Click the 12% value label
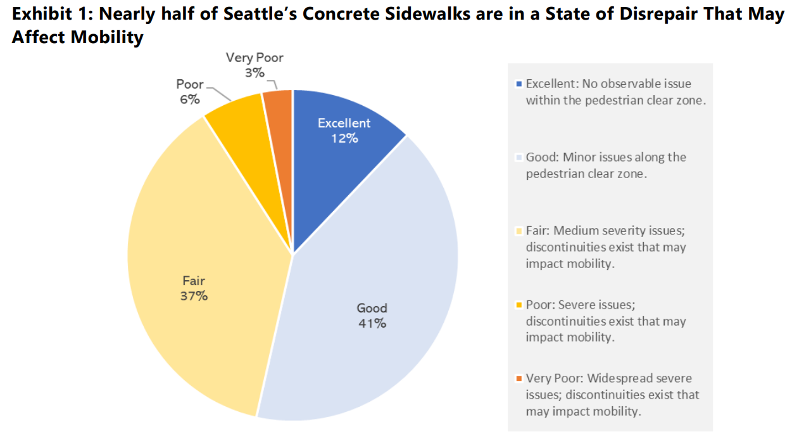click(x=344, y=138)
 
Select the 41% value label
click(x=372, y=323)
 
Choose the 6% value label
click(x=189, y=99)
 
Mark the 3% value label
click(x=255, y=73)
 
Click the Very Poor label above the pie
click(x=255, y=58)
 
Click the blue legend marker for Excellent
click(x=520, y=84)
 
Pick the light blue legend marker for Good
click(x=520, y=157)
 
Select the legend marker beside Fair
click(x=520, y=231)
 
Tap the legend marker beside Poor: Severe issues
click(x=520, y=305)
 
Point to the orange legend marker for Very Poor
click(x=520, y=378)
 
